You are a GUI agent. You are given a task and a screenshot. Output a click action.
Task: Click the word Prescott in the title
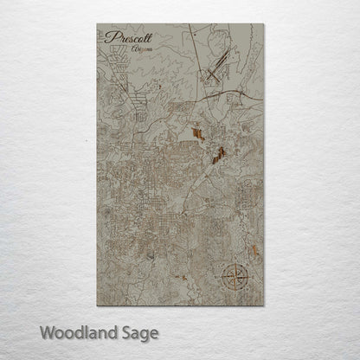[127, 38]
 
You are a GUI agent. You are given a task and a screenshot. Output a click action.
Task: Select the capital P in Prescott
[109, 38]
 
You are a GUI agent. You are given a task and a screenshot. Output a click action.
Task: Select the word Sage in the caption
[140, 332]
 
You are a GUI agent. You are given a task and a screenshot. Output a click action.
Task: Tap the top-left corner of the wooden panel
[98, 24]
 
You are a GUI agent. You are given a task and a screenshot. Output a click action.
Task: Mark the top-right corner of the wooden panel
[265, 24]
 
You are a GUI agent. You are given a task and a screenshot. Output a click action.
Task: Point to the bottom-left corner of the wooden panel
[98, 305]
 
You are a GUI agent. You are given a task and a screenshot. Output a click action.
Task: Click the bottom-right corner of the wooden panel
[265, 305]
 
